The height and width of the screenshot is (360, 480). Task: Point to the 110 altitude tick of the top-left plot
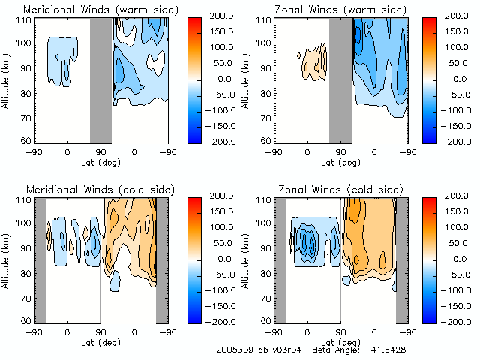(22, 21)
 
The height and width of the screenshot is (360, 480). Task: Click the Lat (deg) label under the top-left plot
(100, 161)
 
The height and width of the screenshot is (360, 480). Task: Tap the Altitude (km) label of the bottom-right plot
(247, 259)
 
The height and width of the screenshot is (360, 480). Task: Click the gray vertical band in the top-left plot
(100, 79)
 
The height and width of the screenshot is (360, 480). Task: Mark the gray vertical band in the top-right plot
(340, 79)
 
